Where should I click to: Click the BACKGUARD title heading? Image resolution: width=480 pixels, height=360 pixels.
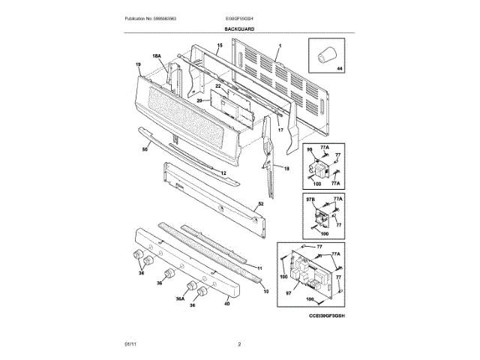click(x=239, y=28)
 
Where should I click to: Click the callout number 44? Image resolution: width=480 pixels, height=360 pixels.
click(x=338, y=69)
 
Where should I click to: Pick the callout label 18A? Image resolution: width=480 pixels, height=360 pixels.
click(x=157, y=57)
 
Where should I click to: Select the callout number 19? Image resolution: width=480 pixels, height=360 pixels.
click(x=139, y=65)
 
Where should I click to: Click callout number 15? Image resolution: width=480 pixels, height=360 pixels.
click(x=220, y=46)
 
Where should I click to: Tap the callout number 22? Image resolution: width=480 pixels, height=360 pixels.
click(x=218, y=87)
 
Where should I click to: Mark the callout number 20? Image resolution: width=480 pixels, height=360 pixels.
click(x=199, y=100)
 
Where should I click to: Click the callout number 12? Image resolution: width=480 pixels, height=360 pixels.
click(x=223, y=172)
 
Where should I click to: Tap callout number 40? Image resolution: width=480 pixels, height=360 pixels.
click(x=226, y=304)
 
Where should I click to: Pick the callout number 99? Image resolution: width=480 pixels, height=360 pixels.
click(x=308, y=150)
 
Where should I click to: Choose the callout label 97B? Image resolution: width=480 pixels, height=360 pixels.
click(x=308, y=199)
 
